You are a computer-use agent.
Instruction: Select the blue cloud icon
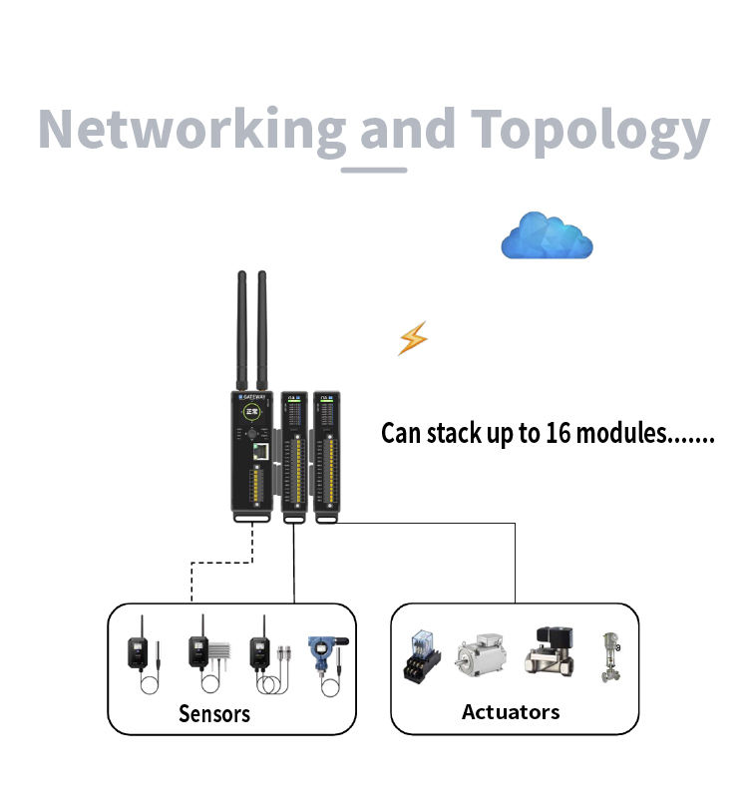[547, 237]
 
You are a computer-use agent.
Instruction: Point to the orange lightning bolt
[412, 339]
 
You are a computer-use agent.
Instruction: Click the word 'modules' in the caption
[621, 434]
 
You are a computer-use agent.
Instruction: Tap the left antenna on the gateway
[241, 329]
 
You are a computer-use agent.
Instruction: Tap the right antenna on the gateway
[262, 329]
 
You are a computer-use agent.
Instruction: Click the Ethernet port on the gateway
[262, 450]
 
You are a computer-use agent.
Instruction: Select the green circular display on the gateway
[252, 410]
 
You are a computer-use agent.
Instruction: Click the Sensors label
[214, 713]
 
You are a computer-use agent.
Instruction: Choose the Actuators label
[511, 711]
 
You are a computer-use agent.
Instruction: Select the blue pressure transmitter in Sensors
[325, 653]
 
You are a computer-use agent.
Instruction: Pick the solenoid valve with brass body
[551, 653]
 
